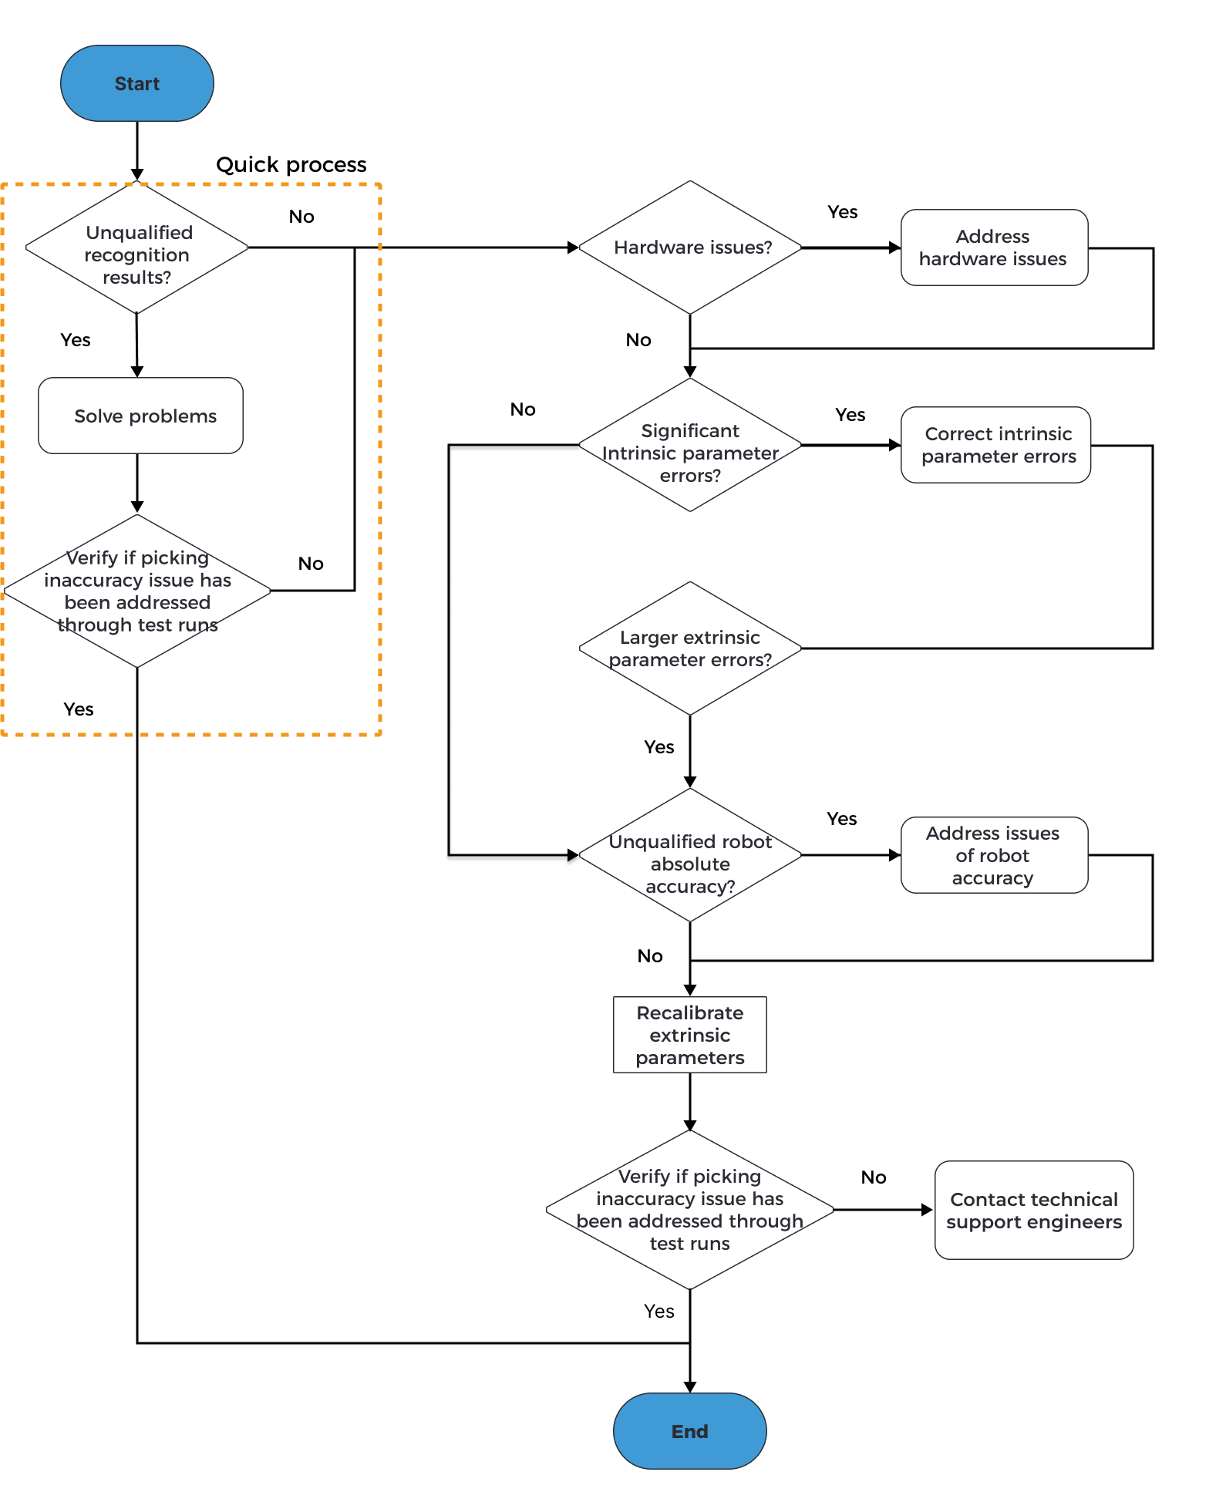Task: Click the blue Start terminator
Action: coord(137,83)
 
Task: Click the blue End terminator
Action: coord(689,1430)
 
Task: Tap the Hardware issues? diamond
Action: coord(690,248)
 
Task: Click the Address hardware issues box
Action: coord(993,248)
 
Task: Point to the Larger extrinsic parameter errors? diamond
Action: coord(690,648)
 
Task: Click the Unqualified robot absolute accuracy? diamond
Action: coord(690,856)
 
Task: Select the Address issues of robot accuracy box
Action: coord(993,855)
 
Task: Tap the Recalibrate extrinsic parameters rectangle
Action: coord(689,1035)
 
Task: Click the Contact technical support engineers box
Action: coord(1033,1210)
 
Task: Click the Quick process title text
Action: coord(291,165)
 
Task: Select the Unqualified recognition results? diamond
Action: coord(137,248)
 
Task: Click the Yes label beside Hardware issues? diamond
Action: coord(842,212)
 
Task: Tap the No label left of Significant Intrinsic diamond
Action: coord(522,409)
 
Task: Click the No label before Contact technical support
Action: coord(873,1177)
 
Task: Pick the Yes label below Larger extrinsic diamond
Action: coord(658,747)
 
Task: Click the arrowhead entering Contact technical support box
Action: coord(928,1210)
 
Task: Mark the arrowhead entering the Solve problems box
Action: coord(137,372)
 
